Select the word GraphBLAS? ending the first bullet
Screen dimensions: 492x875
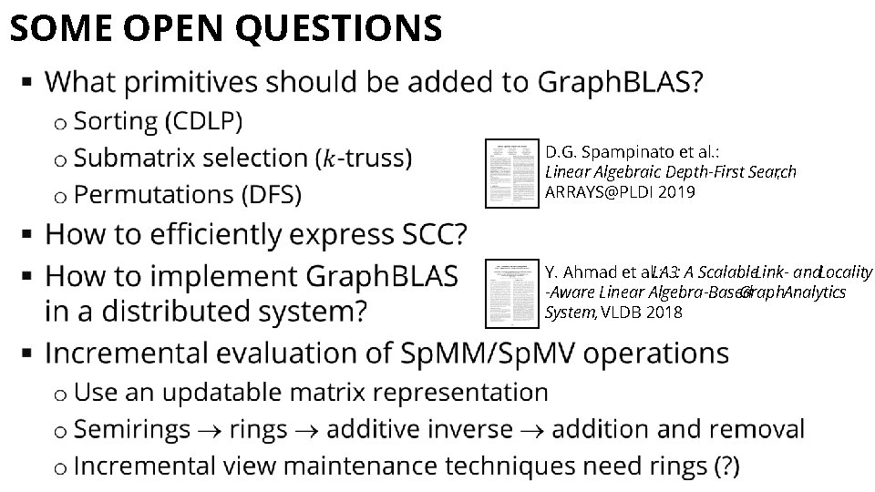[621, 83]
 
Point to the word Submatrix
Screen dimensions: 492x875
[139, 158]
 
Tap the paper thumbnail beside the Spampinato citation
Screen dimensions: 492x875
[511, 173]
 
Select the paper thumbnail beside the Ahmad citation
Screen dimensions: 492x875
[511, 292]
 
